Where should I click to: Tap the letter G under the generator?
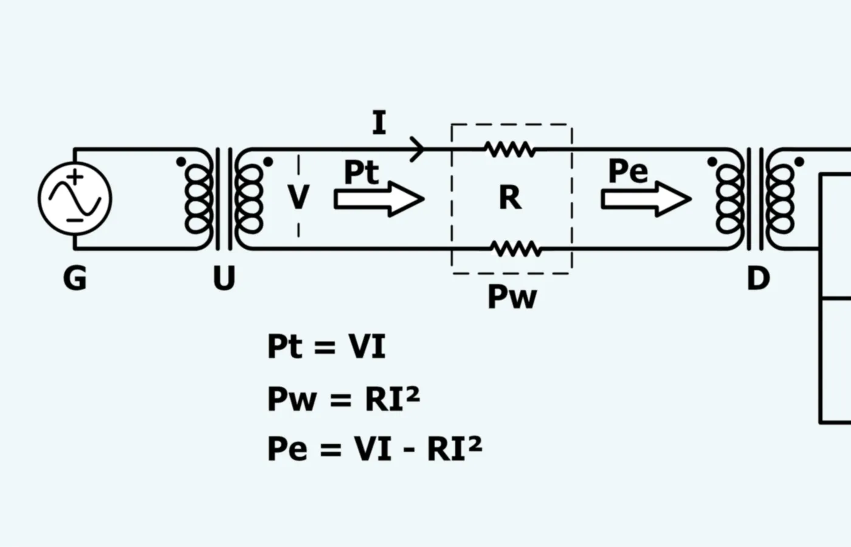pyautogui.click(x=74, y=278)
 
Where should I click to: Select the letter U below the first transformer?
pyautogui.click(x=224, y=278)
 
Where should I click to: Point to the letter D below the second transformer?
pyautogui.click(x=759, y=278)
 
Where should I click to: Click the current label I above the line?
pyautogui.click(x=379, y=122)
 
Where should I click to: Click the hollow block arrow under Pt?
pyautogui.click(x=379, y=199)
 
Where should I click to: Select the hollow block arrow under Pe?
pyautogui.click(x=646, y=199)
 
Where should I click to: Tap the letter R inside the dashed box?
pyautogui.click(x=510, y=198)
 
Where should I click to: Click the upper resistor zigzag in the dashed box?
pyautogui.click(x=510, y=150)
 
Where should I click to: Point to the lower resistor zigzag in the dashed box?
pyautogui.click(x=516, y=249)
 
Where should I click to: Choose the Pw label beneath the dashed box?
pyautogui.click(x=512, y=297)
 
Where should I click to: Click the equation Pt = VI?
pyautogui.click(x=327, y=346)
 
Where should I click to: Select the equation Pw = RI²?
pyautogui.click(x=344, y=399)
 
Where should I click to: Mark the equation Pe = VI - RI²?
pyautogui.click(x=375, y=449)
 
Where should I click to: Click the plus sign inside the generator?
pyautogui.click(x=75, y=177)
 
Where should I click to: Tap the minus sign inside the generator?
pyautogui.click(x=74, y=220)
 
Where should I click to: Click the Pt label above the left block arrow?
pyautogui.click(x=361, y=171)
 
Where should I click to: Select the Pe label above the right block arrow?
pyautogui.click(x=629, y=171)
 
